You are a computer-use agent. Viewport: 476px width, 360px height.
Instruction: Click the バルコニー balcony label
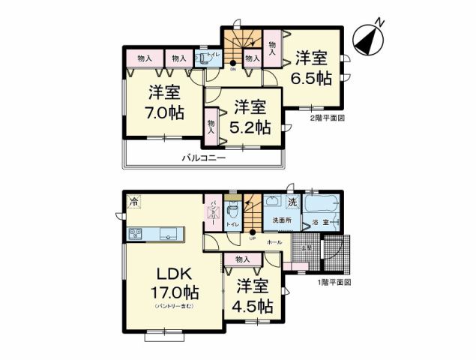[203, 157]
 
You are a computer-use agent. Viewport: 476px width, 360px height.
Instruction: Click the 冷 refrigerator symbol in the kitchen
[133, 200]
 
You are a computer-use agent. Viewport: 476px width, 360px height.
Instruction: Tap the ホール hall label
[274, 243]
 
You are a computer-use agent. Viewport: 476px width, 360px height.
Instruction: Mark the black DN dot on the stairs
[232, 63]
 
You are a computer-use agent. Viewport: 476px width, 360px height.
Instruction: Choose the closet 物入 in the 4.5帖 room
[242, 259]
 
